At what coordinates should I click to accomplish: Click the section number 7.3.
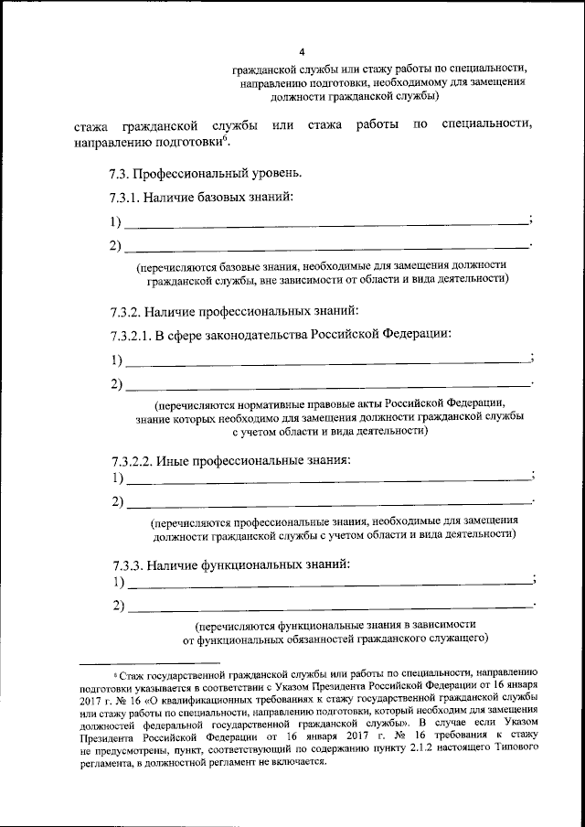[x=119, y=174]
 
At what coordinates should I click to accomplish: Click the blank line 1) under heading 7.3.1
[x=324, y=224]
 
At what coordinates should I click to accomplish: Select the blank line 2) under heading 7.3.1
[x=324, y=249]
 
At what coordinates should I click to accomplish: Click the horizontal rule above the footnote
[x=151, y=661]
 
